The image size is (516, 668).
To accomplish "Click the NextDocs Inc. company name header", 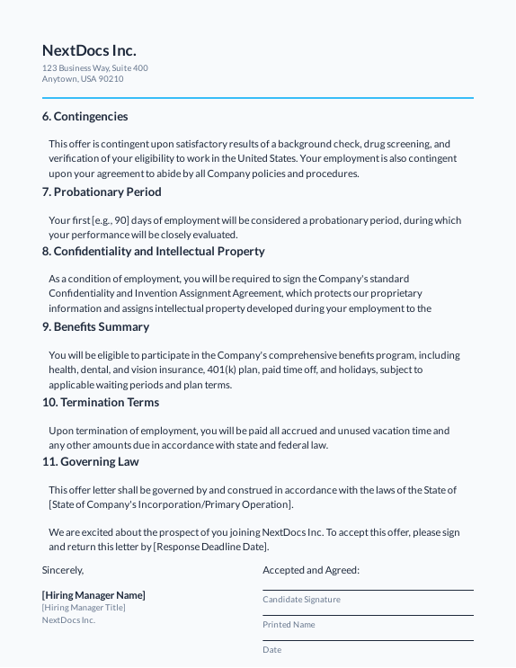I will point(89,50).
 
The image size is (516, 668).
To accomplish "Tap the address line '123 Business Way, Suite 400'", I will point(94,68).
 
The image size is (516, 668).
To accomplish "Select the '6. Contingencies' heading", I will point(85,117).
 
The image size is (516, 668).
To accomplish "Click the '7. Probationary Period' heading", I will point(102,192).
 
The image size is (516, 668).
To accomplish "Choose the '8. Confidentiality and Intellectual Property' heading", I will point(153,252).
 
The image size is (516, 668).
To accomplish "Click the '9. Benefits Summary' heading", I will point(95,327).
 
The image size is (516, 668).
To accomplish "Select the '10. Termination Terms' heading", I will point(100,403).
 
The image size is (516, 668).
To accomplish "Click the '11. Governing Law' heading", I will point(90,462).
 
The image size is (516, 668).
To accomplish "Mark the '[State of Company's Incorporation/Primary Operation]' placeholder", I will point(171,504).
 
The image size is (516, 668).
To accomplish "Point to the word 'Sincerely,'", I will point(63,570).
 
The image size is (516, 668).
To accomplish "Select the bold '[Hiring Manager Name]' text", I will point(93,595).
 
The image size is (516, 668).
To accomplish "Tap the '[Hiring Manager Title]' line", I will point(84,608).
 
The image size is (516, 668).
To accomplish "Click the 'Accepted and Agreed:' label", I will point(311,570).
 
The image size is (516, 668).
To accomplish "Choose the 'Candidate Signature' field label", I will point(301,600).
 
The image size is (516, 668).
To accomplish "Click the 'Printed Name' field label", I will point(289,625).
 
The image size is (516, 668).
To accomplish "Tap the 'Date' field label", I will point(271,650).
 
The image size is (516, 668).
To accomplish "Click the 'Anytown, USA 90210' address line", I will point(83,79).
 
